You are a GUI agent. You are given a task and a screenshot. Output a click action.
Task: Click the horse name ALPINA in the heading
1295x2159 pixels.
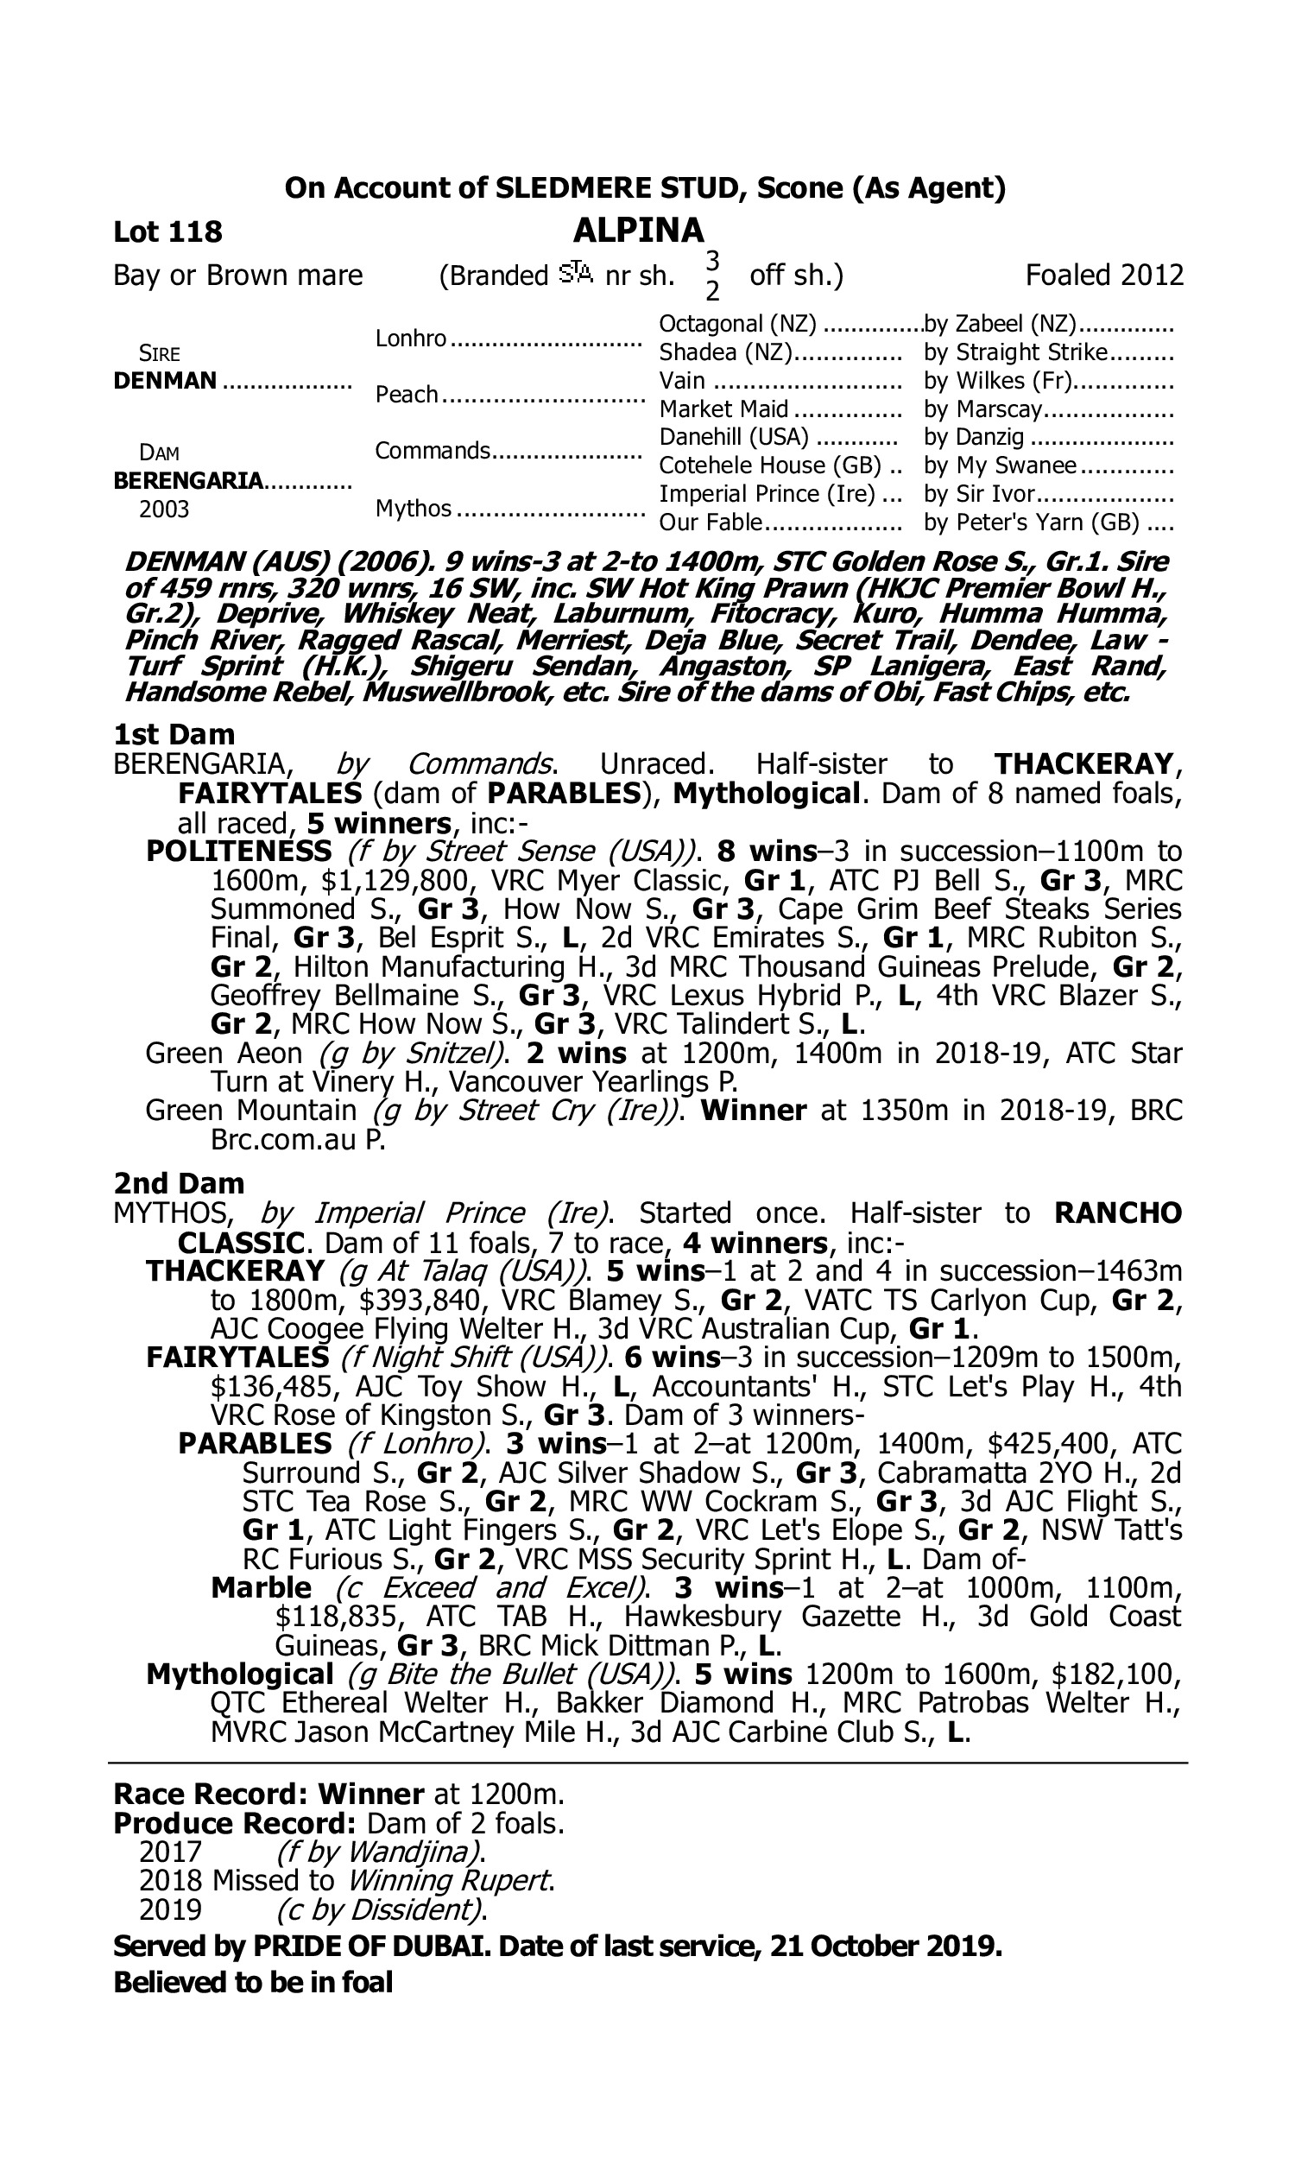(x=638, y=231)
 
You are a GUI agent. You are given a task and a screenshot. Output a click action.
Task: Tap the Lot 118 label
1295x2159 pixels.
(x=167, y=232)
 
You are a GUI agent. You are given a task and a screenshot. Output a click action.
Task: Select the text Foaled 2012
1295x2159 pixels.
(x=1104, y=275)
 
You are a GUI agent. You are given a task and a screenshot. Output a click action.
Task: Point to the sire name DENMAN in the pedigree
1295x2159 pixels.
(x=165, y=381)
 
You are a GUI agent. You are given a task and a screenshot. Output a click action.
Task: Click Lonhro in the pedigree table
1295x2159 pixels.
(x=411, y=339)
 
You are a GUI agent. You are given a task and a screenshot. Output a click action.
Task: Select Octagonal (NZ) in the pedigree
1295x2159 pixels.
(x=737, y=324)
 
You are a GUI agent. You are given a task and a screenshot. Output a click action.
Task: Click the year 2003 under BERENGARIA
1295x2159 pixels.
(x=164, y=509)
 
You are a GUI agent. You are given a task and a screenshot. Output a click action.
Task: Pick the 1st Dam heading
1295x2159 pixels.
(x=174, y=734)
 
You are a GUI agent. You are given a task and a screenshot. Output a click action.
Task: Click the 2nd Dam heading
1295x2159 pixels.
(x=179, y=1183)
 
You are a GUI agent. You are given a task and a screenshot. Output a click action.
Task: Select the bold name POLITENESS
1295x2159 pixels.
(x=238, y=851)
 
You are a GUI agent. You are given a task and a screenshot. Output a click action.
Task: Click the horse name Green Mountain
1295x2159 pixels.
(x=250, y=1111)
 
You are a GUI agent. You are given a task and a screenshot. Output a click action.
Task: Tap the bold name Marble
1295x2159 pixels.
(x=261, y=1587)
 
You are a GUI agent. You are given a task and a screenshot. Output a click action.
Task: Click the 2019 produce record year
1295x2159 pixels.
(x=170, y=1909)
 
